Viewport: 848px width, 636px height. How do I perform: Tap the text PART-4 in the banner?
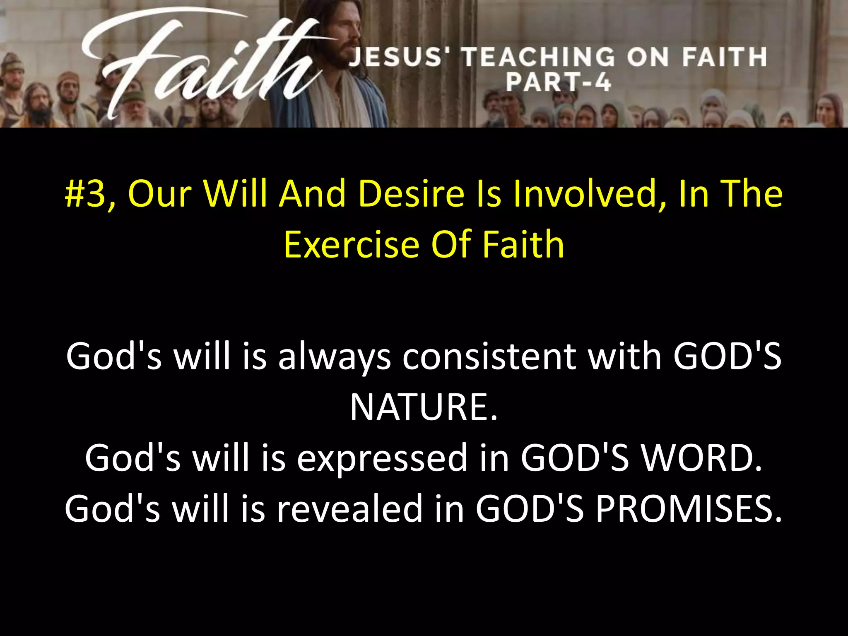(558, 82)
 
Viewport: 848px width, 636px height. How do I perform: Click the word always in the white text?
(335, 357)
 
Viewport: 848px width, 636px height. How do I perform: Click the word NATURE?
(423, 407)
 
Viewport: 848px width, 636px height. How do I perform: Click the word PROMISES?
(689, 509)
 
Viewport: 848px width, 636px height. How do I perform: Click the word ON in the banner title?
(648, 57)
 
